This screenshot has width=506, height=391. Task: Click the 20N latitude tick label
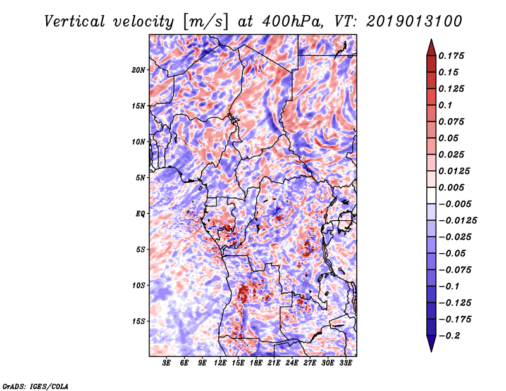click(x=138, y=70)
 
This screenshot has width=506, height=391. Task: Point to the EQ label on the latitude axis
click(x=140, y=214)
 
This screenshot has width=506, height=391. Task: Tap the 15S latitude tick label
click(x=138, y=321)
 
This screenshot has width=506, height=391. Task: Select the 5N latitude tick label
click(x=140, y=178)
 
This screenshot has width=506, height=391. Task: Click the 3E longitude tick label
click(x=166, y=363)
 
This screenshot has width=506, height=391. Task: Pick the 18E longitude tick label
click(x=256, y=363)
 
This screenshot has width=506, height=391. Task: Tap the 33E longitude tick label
click(x=345, y=363)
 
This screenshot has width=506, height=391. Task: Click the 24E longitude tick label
click(x=292, y=363)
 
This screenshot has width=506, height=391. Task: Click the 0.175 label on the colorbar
click(x=451, y=56)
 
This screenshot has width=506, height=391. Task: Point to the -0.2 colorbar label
click(x=449, y=336)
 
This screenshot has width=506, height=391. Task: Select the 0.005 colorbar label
click(x=451, y=187)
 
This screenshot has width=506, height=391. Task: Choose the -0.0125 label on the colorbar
click(x=457, y=221)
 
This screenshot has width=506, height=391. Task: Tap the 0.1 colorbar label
click(x=445, y=105)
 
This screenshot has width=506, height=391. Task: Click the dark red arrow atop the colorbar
click(x=431, y=47)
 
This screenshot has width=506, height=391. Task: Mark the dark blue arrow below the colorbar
click(x=431, y=344)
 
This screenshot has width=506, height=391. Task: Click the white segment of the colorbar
click(x=431, y=195)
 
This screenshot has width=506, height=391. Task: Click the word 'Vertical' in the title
click(x=75, y=22)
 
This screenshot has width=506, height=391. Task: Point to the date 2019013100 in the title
click(x=414, y=22)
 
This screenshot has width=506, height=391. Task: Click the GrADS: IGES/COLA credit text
click(x=35, y=386)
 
